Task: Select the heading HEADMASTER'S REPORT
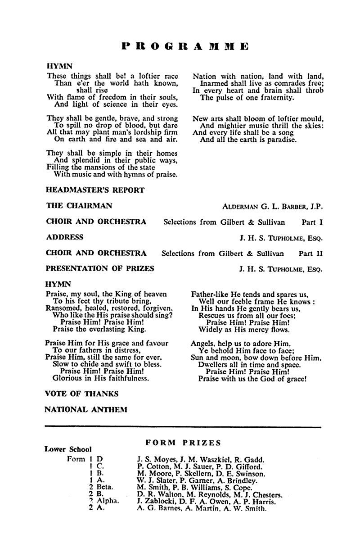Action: [x=95, y=190]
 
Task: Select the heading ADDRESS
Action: [x=65, y=237]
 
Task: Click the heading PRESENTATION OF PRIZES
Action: [x=100, y=269]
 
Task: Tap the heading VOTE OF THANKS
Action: [x=82, y=394]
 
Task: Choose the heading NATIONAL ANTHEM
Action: [x=86, y=409]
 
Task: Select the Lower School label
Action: [x=68, y=449]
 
